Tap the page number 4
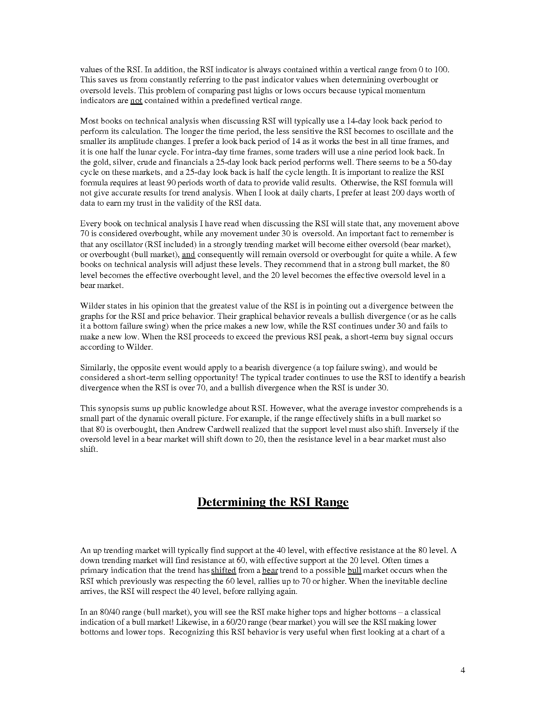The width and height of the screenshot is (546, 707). (462, 670)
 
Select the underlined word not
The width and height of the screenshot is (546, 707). (136, 101)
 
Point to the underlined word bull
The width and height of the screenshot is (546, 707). (354, 570)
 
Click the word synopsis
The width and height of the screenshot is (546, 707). (112, 409)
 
